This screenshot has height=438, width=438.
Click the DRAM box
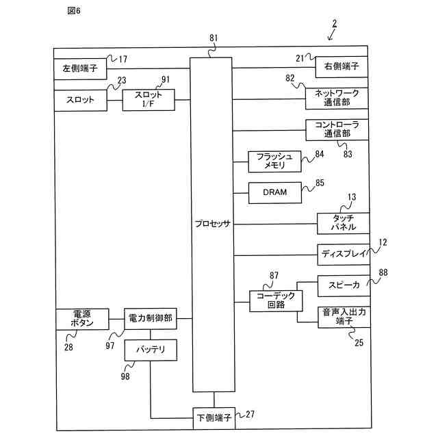coord(275,193)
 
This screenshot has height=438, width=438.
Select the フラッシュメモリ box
coord(274,162)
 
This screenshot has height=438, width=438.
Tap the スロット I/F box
coord(149,100)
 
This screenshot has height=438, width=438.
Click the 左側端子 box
coord(80,69)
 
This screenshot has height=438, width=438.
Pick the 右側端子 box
coord(342,67)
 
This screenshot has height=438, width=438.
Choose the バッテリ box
coord(151,350)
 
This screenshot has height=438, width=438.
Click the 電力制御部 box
coord(151,319)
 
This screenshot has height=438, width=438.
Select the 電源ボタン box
coord(82,320)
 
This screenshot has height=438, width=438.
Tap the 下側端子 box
coord(214,418)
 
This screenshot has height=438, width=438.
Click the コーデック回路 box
coord(276,301)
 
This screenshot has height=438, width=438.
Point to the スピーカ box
coord(344,286)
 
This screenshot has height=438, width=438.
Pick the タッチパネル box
coord(344,224)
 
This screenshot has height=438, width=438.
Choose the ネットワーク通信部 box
coord(337,99)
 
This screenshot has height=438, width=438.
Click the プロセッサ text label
coord(213,224)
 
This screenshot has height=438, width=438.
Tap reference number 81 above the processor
coord(214,38)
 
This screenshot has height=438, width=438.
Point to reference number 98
coord(125,376)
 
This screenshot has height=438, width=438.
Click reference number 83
coord(348,154)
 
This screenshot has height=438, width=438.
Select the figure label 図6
coord(74,11)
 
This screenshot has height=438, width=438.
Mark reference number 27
coord(250,414)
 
